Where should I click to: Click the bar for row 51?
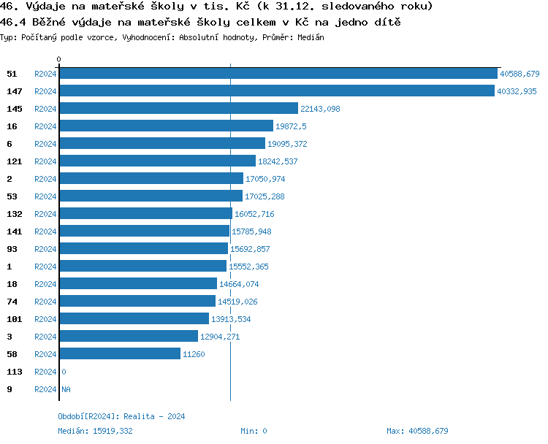pos(278,74)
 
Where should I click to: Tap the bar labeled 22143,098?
pos(179,109)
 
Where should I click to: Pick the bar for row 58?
pos(120,354)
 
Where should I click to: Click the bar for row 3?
pos(129,337)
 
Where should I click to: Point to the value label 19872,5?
pos(291,126)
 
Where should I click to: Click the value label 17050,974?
pos(265,179)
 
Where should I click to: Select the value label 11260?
pos(194,354)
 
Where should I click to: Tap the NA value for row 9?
pos(66,389)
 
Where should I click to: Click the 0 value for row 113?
pos(64,372)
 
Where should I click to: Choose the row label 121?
pos(14,161)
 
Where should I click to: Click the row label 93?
pos(12,249)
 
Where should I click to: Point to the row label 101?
pos(14,319)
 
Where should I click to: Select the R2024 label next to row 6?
pos(45,144)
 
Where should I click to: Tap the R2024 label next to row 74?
pos(45,302)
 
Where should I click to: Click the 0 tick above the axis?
pos(59,59)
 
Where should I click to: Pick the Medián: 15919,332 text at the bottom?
pos(95,431)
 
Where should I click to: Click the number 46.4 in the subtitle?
pos(15,23)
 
